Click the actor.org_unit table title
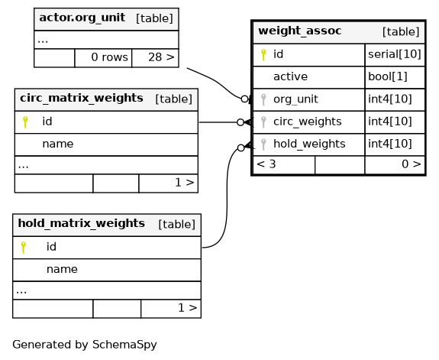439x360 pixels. tap(82, 18)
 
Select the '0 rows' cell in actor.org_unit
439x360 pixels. tap(109, 57)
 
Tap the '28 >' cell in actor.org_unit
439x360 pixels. tap(161, 57)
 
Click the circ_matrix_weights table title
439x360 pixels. tap(82, 98)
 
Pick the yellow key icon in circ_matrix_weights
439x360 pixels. tap(25, 122)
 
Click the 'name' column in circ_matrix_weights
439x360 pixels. tap(58, 144)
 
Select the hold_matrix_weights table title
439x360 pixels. tap(81, 223)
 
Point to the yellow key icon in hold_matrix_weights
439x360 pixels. tap(24, 248)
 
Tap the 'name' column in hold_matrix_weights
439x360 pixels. tap(62, 270)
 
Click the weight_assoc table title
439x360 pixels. tap(299, 31)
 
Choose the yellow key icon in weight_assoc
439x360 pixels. tap(263, 55)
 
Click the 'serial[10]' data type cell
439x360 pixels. tap(395, 54)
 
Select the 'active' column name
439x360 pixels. tap(290, 76)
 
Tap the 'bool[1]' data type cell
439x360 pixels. tap(388, 76)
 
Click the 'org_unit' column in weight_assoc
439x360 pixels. tap(295, 99)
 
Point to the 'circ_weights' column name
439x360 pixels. tap(308, 122)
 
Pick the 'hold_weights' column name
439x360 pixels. tap(309, 144)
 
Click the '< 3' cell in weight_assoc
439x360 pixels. tap(266, 164)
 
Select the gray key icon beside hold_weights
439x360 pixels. tap(263, 144)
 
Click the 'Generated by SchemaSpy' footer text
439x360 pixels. tap(85, 345)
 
